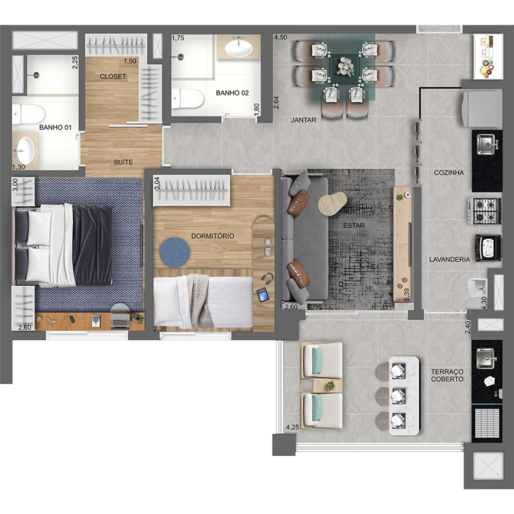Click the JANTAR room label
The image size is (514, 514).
point(304,120)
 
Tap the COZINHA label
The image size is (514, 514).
point(449,173)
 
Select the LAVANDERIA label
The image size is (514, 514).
point(450,260)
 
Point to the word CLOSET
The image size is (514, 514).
point(113,76)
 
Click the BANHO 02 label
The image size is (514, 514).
point(232,93)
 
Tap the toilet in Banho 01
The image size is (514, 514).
point(28,114)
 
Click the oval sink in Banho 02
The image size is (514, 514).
point(238,48)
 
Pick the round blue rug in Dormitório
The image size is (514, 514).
point(175,252)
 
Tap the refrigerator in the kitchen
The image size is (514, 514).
point(482,108)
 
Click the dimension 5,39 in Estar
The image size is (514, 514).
point(407,294)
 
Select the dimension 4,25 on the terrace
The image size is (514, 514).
point(293,427)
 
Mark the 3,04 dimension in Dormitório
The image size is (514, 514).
point(157,183)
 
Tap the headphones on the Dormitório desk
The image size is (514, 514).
point(268,277)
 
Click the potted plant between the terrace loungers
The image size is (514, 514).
point(330,385)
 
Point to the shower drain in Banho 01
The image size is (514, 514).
point(36,75)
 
